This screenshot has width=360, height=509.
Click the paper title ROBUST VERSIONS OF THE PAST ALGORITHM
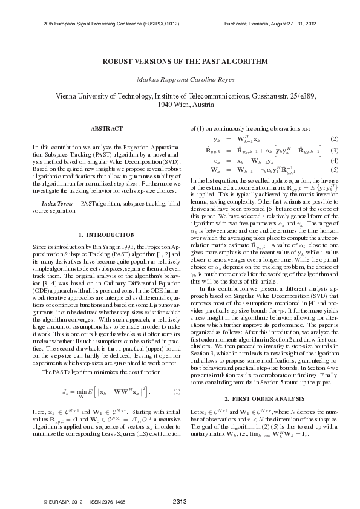click(180, 62)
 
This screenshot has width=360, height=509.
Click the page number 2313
click(179, 501)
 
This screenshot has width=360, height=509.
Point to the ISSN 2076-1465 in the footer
click(100, 502)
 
